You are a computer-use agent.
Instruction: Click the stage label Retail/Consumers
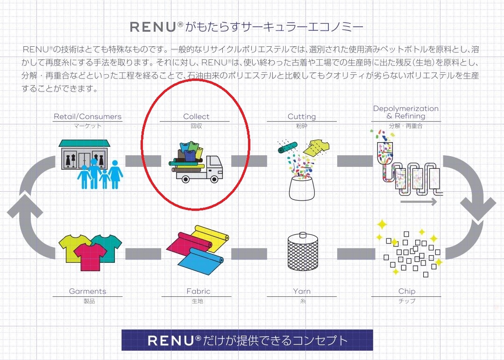(87, 116)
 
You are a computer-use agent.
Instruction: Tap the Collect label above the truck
(196, 116)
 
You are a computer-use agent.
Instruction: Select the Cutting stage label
(301, 116)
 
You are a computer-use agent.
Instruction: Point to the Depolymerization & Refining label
(405, 112)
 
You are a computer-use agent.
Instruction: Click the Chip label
(406, 291)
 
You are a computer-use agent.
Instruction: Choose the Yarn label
(302, 291)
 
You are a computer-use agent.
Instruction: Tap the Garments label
(87, 291)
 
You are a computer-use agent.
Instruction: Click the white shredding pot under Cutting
(301, 187)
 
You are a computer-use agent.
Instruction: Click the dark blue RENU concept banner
(247, 340)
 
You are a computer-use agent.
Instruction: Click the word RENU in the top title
(153, 27)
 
